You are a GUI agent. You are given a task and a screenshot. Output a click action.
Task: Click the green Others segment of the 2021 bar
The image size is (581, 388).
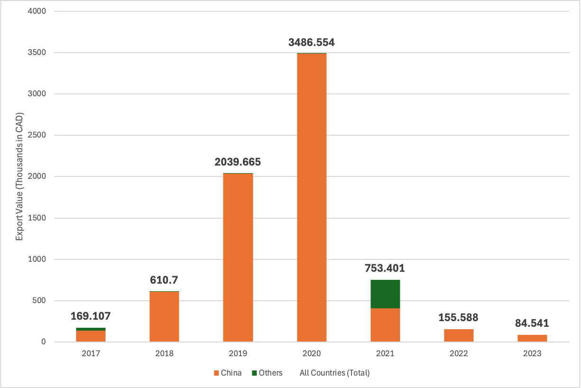pos(385,294)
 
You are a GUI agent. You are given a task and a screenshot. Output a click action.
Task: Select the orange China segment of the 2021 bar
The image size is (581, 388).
pos(385,325)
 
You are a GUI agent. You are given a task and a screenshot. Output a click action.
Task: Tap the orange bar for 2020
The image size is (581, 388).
pos(312,198)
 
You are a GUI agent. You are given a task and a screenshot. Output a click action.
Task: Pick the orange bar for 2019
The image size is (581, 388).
pos(238,258)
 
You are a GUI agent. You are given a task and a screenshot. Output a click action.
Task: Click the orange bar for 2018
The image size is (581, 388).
pos(165,317)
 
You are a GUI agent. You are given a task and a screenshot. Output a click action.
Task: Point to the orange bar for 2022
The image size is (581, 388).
pos(459,335)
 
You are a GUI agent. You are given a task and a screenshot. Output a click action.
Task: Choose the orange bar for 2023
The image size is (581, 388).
pos(533,338)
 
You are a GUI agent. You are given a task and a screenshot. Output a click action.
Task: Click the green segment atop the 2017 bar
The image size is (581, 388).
pos(91,329)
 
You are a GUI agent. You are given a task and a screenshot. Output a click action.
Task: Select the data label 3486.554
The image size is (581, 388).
pos(312,42)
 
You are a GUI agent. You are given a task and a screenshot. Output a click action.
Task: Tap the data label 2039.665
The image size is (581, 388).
pos(238,162)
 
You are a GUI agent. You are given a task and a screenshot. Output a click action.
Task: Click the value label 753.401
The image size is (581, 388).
pos(385,268)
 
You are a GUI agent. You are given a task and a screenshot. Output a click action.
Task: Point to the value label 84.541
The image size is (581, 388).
pos(532,323)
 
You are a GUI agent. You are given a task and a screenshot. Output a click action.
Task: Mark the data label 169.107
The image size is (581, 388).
pos(91,316)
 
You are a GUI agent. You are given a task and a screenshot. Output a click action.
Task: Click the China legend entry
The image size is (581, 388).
pos(228,373)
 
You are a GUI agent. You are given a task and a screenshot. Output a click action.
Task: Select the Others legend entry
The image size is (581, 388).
pos(267,373)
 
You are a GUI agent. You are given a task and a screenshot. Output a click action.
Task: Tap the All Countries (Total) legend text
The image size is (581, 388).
pos(334,373)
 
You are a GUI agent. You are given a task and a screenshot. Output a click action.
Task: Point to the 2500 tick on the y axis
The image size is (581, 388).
pos(37,135)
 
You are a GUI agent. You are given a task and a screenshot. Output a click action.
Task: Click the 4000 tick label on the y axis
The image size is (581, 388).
pos(37,11)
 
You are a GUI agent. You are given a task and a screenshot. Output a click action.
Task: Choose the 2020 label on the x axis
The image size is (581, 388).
pos(312,353)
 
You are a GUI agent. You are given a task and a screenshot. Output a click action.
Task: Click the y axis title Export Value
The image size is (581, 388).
pos(19,176)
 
